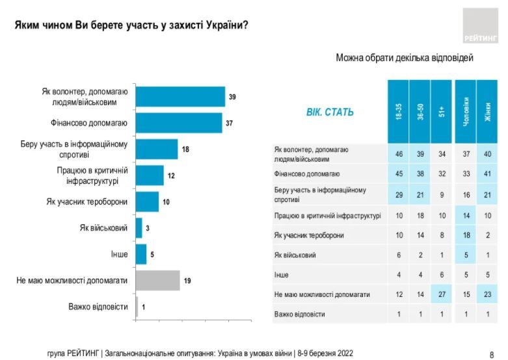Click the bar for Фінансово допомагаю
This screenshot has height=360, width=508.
(x=179, y=122)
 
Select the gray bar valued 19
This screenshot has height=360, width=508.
(x=158, y=281)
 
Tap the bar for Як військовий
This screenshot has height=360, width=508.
(x=139, y=228)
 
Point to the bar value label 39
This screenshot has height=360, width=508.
(x=232, y=97)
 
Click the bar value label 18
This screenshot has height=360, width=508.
(x=185, y=149)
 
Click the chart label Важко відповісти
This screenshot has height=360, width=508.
(x=98, y=307)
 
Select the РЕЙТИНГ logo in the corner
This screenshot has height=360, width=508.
(x=481, y=26)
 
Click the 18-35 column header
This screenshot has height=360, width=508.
(x=398, y=111)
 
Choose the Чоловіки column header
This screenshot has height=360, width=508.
(x=465, y=111)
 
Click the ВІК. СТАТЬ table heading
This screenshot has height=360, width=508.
(x=330, y=112)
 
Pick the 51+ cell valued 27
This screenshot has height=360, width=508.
(x=442, y=294)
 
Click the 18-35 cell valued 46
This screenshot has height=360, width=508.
(x=398, y=154)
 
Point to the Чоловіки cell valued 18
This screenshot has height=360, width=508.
(x=465, y=235)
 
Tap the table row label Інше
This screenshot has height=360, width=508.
(x=282, y=275)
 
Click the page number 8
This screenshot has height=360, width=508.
(x=492, y=354)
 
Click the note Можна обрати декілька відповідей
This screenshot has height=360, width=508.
(x=404, y=58)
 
